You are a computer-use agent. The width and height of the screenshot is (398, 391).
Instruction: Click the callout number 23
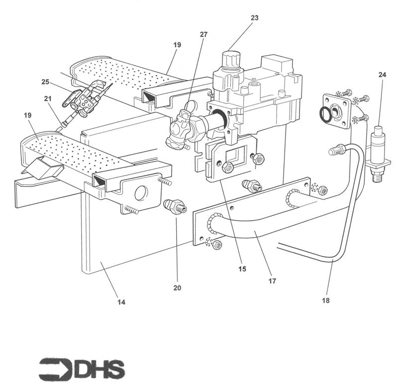(254, 18)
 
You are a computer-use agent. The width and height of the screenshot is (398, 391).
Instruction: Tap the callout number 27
(203, 35)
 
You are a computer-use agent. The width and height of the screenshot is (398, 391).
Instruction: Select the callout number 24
(382, 75)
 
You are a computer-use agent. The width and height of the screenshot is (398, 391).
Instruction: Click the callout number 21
(48, 99)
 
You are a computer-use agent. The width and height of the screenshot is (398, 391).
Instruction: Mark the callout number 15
(242, 269)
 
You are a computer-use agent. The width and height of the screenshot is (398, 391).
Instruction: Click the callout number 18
(325, 300)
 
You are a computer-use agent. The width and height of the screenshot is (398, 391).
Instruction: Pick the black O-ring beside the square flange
(325, 115)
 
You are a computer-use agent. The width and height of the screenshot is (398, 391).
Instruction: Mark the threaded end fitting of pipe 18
(336, 149)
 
